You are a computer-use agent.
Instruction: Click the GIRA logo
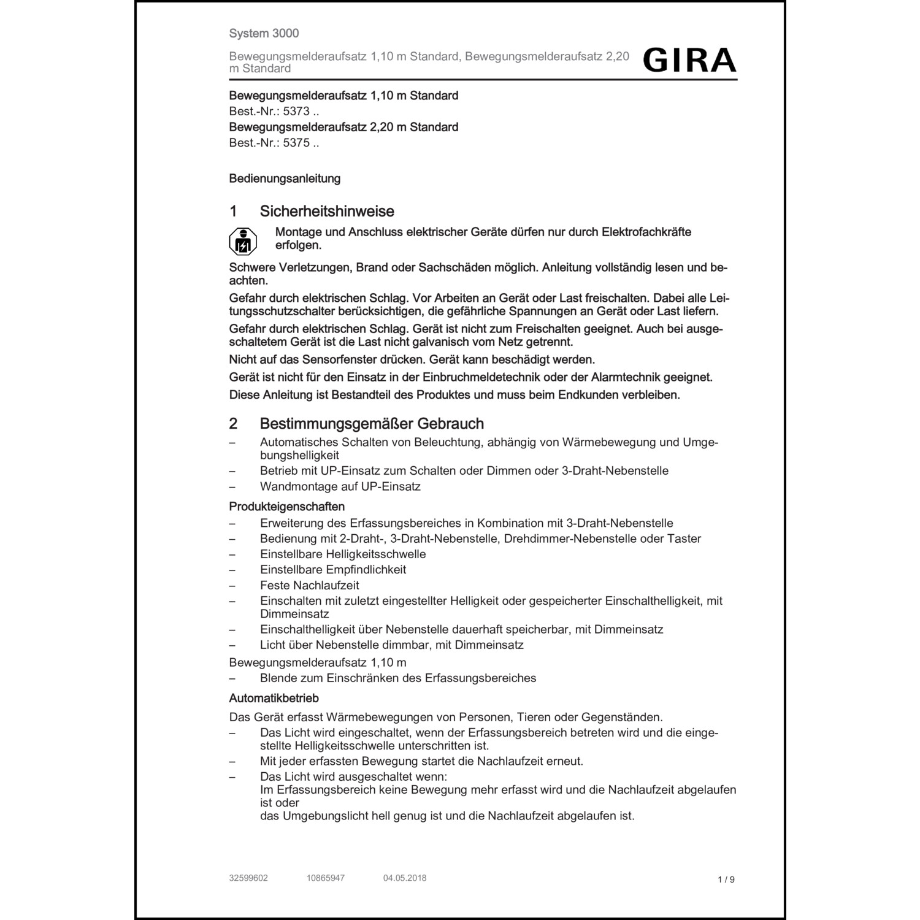[689, 60]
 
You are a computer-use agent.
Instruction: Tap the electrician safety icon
[243, 242]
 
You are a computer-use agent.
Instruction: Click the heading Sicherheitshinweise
[327, 212]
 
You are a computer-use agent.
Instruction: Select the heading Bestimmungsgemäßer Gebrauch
[372, 424]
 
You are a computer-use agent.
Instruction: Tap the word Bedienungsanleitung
[285, 179]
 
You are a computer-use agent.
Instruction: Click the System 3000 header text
[264, 34]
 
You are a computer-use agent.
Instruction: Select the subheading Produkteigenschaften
[286, 507]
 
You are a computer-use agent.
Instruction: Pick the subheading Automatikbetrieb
[274, 699]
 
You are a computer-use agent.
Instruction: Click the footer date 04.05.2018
[405, 878]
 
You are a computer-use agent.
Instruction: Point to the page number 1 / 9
[726, 880]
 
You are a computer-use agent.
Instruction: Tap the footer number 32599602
[248, 878]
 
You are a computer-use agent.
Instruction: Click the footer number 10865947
[326, 878]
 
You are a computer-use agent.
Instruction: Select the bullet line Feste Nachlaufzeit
[310, 585]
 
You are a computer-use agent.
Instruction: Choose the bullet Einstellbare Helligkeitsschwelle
[343, 554]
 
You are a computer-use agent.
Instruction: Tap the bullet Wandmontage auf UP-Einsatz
[340, 486]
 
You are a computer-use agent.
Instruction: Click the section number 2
[233, 424]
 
